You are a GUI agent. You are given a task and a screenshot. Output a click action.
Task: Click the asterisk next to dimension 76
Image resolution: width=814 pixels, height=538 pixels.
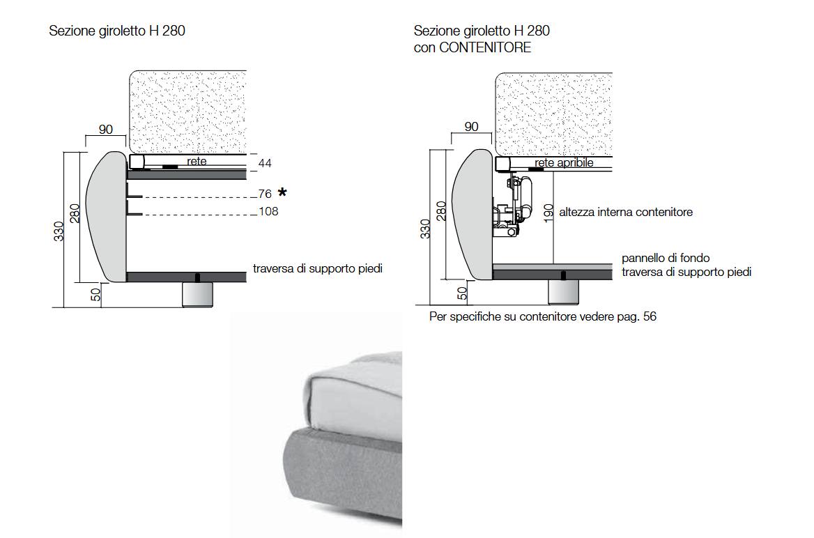point(282,192)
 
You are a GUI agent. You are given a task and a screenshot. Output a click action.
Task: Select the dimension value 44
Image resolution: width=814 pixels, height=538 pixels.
point(265,164)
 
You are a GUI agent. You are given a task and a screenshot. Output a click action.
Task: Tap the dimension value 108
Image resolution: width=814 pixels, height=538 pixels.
point(268,211)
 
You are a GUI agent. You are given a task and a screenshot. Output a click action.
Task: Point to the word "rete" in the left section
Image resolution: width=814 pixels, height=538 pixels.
point(197,161)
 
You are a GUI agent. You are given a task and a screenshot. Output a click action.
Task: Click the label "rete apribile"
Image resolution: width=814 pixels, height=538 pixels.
point(565,162)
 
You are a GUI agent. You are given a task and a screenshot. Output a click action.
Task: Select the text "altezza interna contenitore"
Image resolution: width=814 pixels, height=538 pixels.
point(626,212)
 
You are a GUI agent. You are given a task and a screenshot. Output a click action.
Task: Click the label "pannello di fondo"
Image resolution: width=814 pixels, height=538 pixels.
point(666,259)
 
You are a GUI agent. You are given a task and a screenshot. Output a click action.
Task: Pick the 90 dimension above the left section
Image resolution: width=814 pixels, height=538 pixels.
point(106,130)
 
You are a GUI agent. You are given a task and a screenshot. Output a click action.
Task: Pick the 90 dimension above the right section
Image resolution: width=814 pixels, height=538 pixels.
point(472,127)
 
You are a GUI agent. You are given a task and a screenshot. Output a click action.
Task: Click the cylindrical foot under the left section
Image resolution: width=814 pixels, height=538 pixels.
point(197,294)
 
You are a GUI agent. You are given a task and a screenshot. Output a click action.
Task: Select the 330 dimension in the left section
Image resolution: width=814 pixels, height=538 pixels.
point(59,231)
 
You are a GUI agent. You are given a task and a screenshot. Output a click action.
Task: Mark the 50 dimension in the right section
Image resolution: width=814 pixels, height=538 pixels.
point(461,293)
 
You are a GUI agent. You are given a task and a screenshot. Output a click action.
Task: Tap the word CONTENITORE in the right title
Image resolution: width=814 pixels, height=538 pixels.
point(485,47)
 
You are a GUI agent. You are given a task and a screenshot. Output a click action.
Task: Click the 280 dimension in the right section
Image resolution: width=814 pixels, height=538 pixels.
point(441,210)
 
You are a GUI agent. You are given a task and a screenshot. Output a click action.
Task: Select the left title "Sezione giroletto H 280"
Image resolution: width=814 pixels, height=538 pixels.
point(117,31)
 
